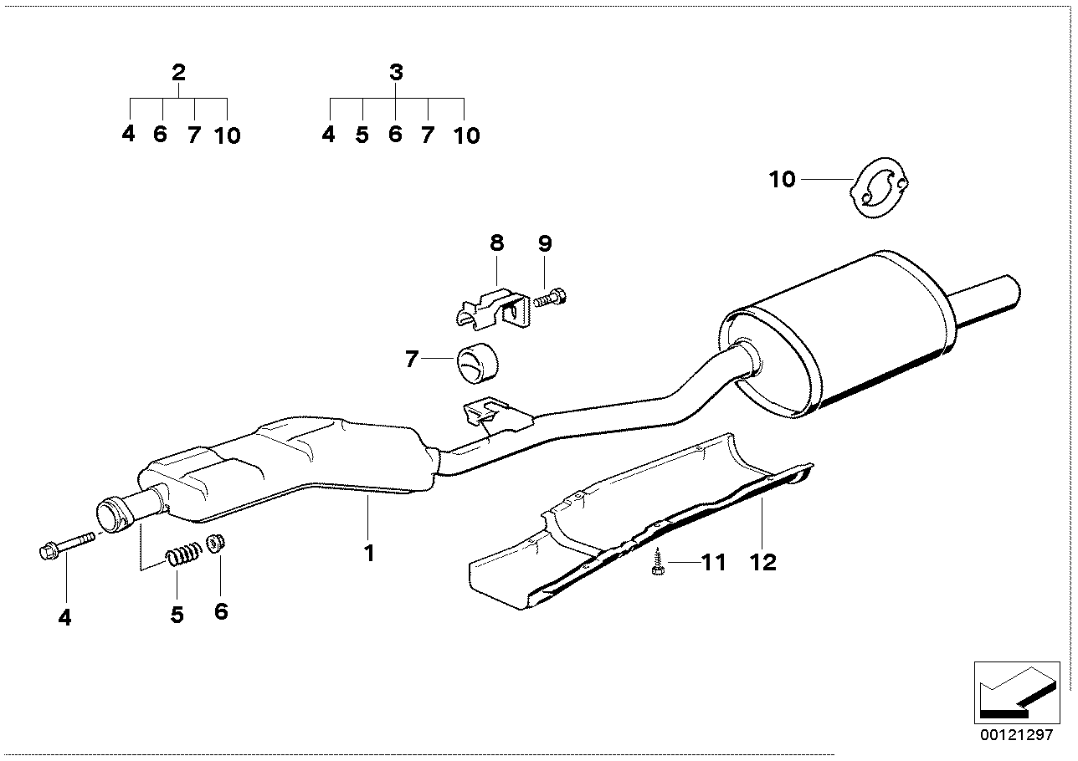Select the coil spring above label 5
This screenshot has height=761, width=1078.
184,554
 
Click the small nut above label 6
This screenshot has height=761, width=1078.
217,544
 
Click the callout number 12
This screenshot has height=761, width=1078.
763,561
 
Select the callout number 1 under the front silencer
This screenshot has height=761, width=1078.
368,553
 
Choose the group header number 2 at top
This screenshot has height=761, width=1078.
178,73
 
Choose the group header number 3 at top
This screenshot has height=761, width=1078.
396,73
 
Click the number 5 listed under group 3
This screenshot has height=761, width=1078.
362,135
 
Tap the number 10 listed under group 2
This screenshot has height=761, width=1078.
227,135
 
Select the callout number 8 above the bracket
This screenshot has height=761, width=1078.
496,243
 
